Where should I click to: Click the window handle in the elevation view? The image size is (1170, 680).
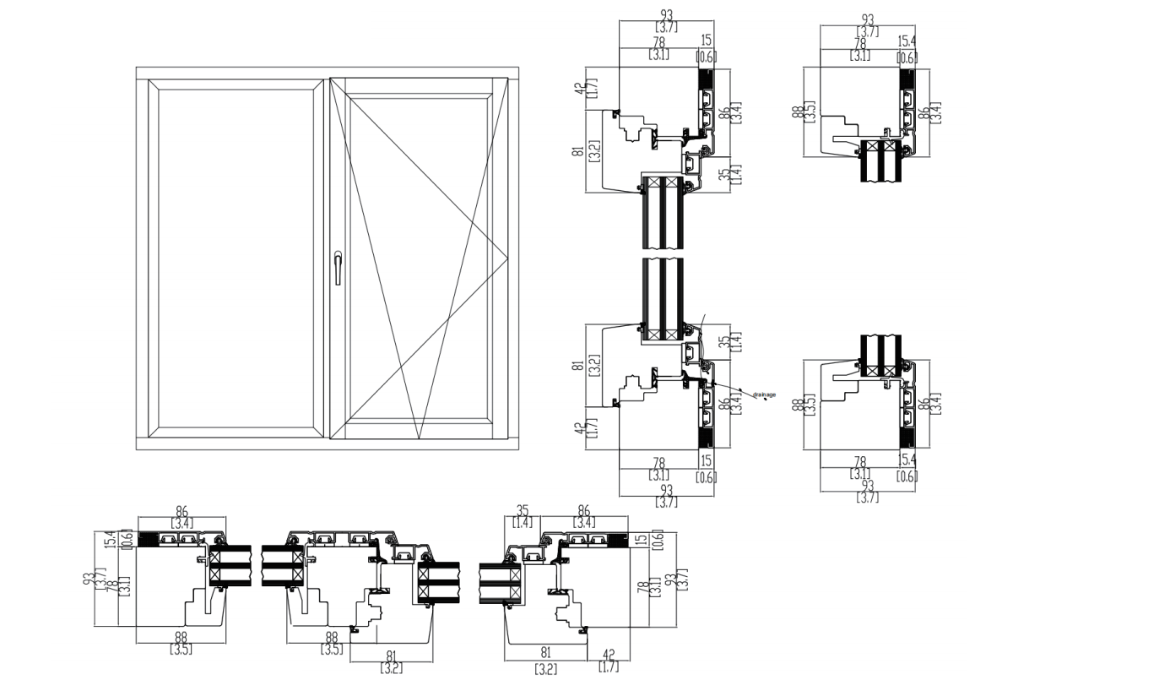(x=338, y=266)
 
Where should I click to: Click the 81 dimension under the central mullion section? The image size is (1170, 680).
(x=392, y=656)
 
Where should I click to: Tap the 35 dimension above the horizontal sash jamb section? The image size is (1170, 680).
(x=523, y=511)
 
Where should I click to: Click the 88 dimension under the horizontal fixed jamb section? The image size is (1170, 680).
(x=181, y=638)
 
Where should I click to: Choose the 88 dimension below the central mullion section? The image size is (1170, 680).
(x=331, y=638)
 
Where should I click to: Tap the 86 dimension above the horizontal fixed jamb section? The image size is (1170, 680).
(x=181, y=511)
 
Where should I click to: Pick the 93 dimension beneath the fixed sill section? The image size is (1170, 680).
(x=867, y=486)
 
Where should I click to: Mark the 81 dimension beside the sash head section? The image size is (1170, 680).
(x=578, y=151)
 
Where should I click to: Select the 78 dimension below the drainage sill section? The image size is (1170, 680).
(x=659, y=463)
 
